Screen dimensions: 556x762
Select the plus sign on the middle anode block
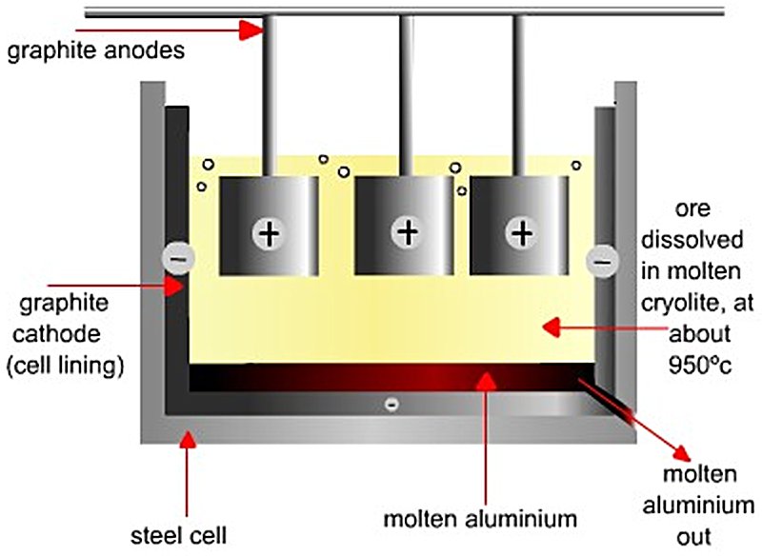coord(408,231)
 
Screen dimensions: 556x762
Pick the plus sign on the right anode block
coord(521,231)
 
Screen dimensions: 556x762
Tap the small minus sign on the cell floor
coord(390,404)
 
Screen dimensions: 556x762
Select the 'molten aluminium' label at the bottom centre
coord(480,519)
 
